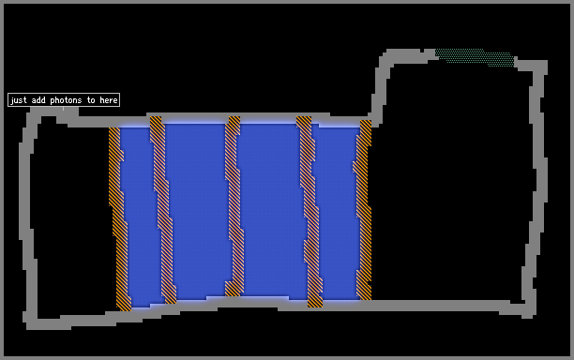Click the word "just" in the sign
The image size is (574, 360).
click(x=19, y=100)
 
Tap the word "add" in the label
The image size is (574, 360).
click(x=38, y=100)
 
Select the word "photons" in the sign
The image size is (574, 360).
click(x=66, y=100)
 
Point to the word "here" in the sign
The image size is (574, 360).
click(x=109, y=100)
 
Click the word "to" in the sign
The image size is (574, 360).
click(x=91, y=100)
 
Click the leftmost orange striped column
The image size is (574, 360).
click(x=119, y=219)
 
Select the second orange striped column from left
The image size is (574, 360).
click(x=163, y=210)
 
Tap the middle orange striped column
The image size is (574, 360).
click(x=234, y=206)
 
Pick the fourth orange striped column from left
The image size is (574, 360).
click(x=310, y=212)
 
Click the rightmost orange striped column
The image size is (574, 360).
click(x=363, y=210)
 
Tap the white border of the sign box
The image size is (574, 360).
click(x=64, y=94)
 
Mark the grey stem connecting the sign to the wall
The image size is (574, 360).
click(x=63, y=109)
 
